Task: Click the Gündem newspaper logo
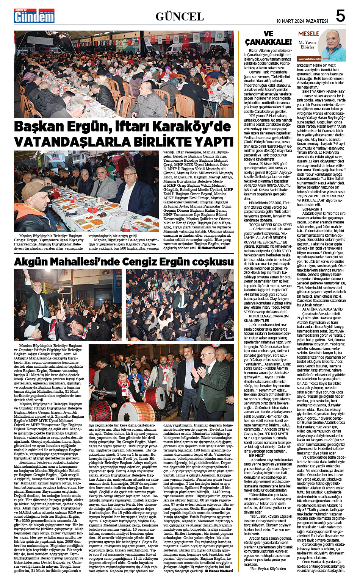pyautogui.click(x=34, y=16)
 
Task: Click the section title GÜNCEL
pyautogui.click(x=180, y=16)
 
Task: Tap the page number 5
pyautogui.click(x=340, y=16)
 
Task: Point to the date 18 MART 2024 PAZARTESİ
pyautogui.click(x=302, y=21)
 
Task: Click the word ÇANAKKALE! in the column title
pyautogui.click(x=268, y=42)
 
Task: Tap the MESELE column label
pyautogui.click(x=308, y=34)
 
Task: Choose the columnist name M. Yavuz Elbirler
pyautogui.click(x=307, y=45)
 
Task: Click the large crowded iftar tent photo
pyautogui.click(x=124, y=74)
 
